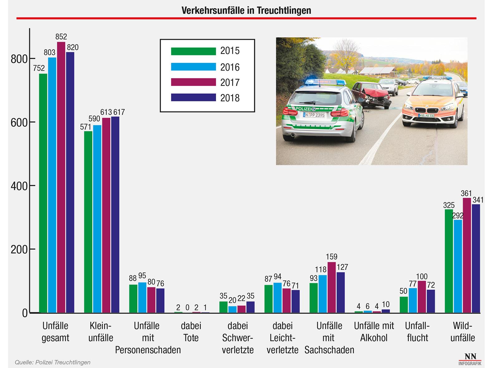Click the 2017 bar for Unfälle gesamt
(61, 178)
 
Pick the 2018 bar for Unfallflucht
(431, 301)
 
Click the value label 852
(61, 37)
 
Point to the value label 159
(332, 257)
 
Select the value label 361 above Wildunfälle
(466, 194)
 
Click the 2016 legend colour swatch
(193, 67)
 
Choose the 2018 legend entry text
(230, 98)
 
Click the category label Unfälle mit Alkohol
(374, 332)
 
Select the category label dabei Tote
(191, 332)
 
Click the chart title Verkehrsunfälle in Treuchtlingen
(246, 11)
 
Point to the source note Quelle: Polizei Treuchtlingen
(53, 362)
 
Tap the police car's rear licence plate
(314, 115)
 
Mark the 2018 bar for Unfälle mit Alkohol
(386, 311)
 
